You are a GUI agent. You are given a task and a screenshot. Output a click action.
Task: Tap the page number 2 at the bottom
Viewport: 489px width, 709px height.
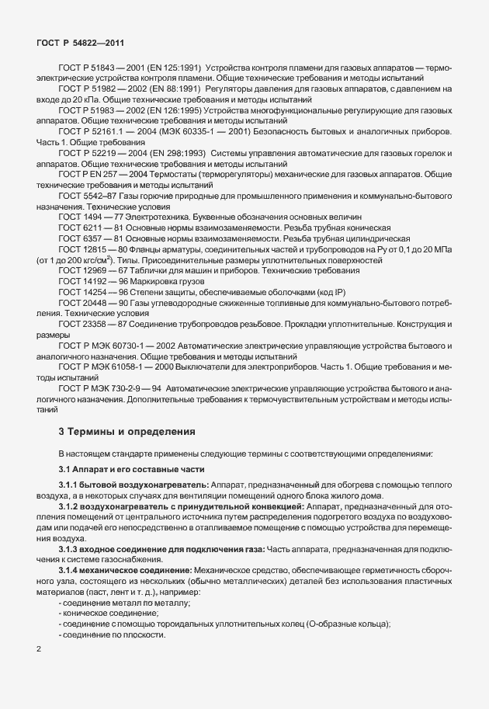point(39,646)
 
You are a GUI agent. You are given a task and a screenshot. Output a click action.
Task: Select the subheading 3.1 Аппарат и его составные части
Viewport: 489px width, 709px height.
point(120,469)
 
